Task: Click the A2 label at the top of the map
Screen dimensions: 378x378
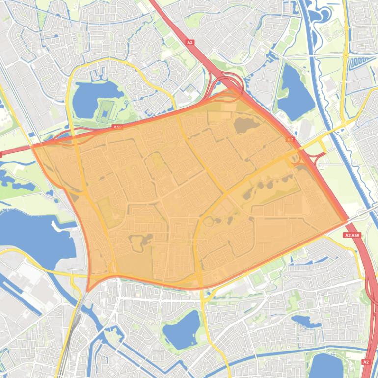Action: [x=190, y=43]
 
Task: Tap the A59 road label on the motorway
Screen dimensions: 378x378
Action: [x=117, y=127]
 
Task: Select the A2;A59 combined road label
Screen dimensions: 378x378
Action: [x=351, y=236]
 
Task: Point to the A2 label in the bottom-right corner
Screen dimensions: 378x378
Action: [x=365, y=362]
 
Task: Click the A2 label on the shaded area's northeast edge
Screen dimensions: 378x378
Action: [x=290, y=139]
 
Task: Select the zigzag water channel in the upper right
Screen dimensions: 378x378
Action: [x=357, y=61]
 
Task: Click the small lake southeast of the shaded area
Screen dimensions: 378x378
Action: [x=305, y=321]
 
